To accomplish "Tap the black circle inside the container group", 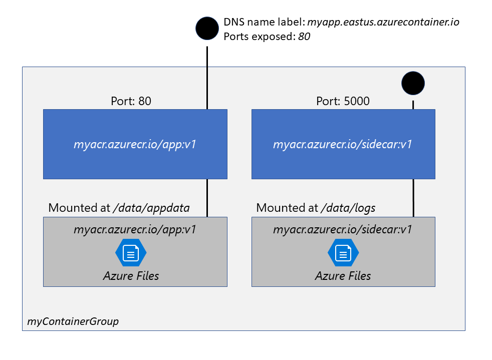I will (413, 83).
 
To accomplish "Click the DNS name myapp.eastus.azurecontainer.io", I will (383, 22).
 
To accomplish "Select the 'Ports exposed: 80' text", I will (267, 36).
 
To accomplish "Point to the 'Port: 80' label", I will (131, 101).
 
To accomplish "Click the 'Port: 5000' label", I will (343, 101).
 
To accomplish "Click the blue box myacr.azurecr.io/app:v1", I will (135, 144).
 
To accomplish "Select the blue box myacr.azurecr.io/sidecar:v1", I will (343, 144).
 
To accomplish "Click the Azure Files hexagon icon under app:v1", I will (131, 253).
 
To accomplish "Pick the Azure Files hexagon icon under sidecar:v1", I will (343, 253).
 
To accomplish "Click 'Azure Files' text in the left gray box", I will (131, 275).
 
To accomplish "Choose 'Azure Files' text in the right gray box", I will (343, 275).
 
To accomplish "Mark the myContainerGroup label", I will (73, 321).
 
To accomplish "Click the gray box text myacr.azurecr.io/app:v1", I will (135, 230).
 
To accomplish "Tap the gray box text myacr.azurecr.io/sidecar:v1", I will (343, 230).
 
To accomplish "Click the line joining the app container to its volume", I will (207, 198).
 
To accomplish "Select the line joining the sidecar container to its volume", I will (413, 198).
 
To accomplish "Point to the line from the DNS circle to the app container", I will (207, 75).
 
